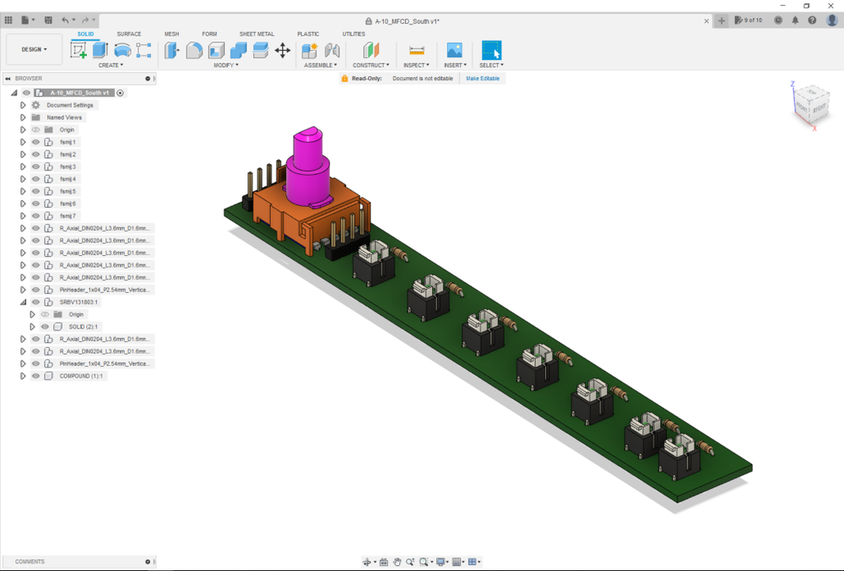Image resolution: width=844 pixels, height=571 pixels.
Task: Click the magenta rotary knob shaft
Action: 308,169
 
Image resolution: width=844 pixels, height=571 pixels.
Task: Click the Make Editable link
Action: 483,79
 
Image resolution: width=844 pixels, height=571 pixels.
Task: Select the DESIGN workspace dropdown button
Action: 35,49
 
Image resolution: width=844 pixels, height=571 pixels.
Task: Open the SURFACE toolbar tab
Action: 128,34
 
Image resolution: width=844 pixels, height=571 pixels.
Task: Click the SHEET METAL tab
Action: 257,34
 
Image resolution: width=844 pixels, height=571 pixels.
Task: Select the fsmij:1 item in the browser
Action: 68,142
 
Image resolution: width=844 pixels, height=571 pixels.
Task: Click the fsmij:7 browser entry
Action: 68,216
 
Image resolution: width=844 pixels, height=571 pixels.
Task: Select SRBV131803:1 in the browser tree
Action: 78,302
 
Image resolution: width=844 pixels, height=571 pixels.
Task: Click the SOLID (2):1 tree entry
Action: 83,326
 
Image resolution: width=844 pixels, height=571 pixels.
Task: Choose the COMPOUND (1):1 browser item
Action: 82,376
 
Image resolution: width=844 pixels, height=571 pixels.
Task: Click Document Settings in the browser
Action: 70,106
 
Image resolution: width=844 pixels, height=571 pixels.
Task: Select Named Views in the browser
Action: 64,117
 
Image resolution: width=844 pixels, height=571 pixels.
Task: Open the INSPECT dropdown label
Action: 415,65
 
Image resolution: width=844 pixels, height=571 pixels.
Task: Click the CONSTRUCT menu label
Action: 370,65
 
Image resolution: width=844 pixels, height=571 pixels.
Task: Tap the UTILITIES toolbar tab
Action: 354,34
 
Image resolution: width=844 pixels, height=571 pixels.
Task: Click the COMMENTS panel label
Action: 30,562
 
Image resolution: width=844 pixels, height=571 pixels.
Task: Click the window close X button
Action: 830,6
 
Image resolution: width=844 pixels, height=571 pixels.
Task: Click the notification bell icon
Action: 795,20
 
